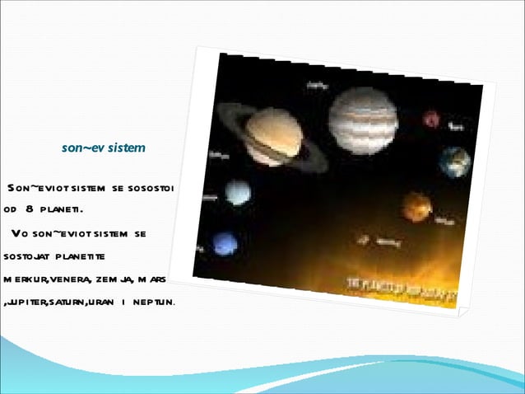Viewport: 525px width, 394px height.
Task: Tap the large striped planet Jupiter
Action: pos(363,120)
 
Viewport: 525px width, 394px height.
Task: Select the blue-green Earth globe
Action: pos(453,162)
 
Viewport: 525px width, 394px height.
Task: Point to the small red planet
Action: pos(431,119)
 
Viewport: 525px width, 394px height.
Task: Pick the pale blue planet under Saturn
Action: pos(238,192)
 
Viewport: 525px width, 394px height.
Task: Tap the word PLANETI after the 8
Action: pos(69,209)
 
